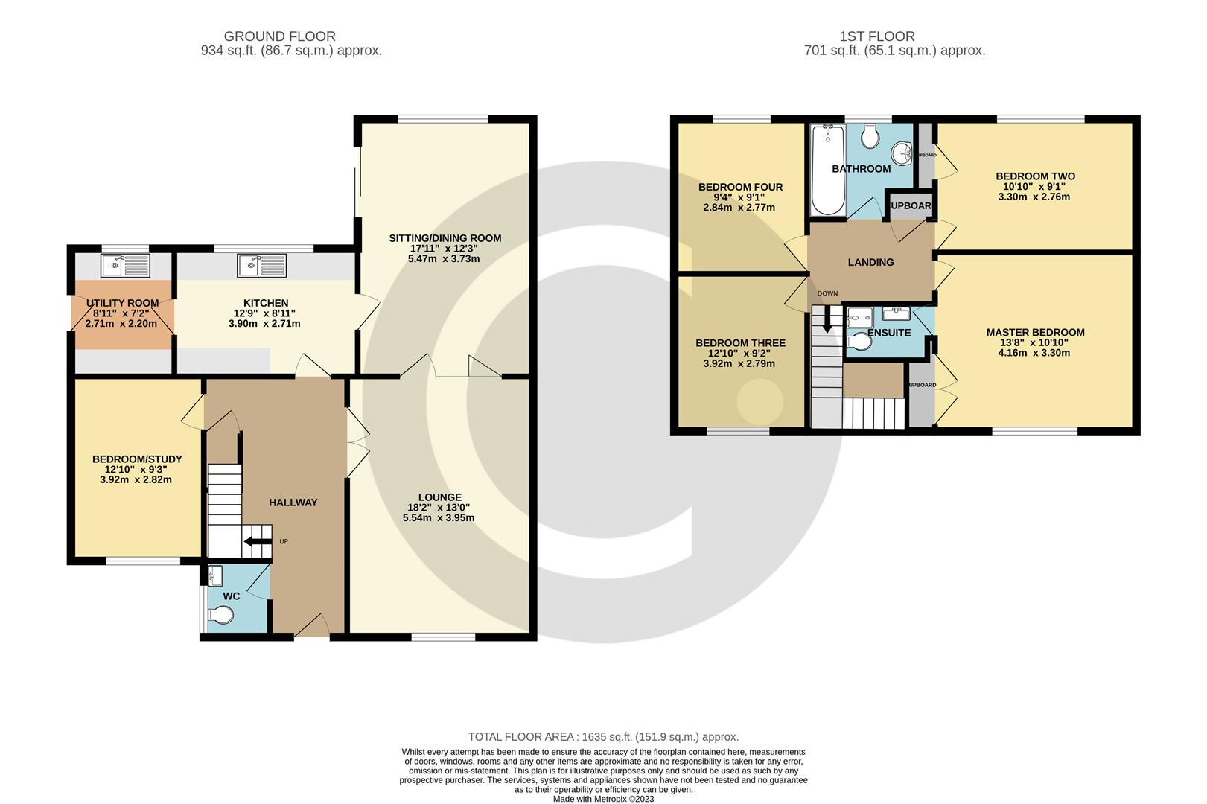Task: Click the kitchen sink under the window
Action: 261,266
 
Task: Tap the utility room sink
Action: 126,266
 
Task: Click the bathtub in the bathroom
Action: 827,170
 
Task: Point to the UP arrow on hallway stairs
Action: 258,547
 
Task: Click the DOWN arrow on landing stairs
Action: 827,320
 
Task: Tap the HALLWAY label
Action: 293,502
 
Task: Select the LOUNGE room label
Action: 439,497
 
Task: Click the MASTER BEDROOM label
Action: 1035,332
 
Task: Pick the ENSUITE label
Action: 889,333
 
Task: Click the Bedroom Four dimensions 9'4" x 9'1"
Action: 739,197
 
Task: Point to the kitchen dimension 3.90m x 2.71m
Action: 266,324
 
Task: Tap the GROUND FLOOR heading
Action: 279,36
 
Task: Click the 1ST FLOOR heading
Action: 876,36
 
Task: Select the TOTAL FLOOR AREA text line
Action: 603,737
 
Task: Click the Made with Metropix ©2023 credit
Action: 603,799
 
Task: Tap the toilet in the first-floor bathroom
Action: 869,136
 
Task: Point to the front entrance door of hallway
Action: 312,627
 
